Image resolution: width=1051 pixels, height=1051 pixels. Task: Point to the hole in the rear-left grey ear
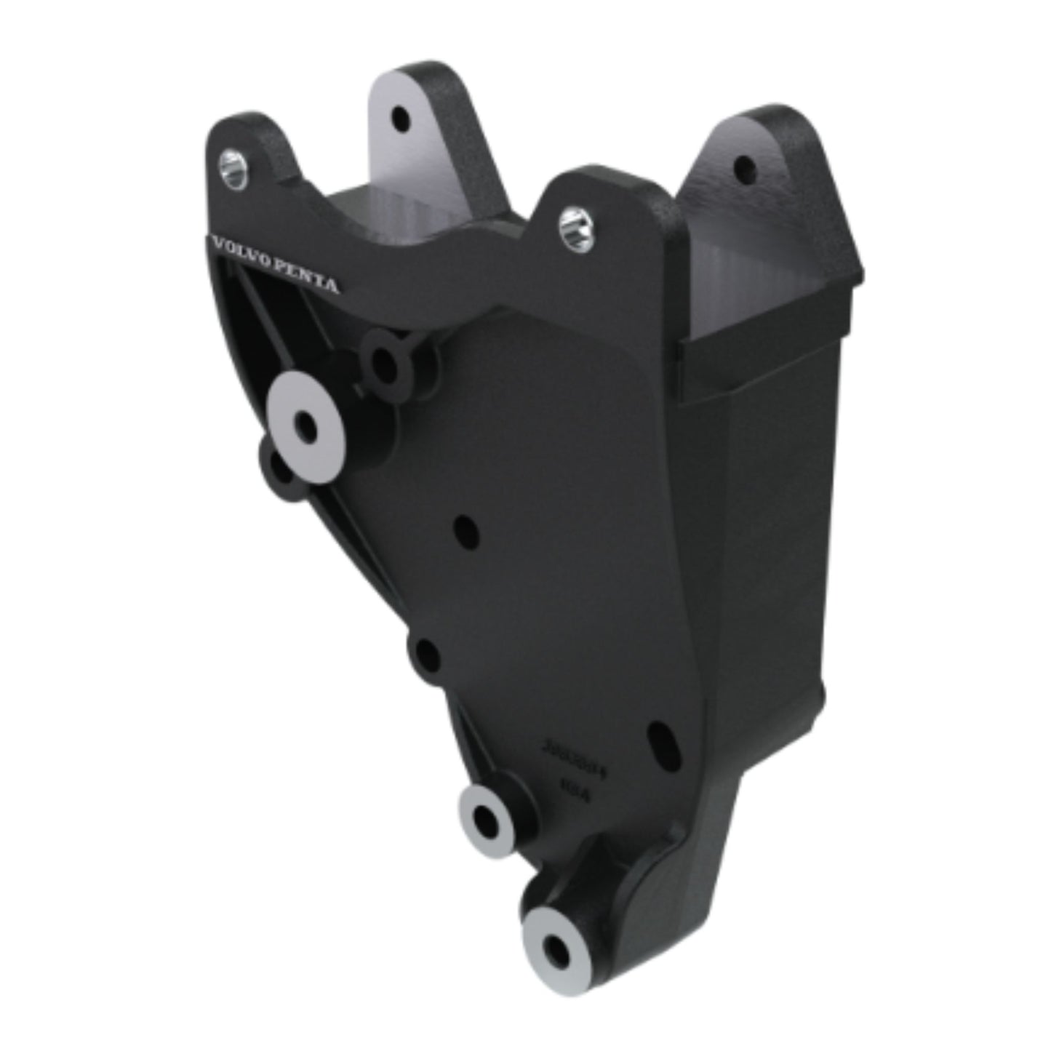(x=399, y=116)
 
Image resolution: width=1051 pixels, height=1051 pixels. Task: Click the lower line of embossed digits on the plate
(x=578, y=786)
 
